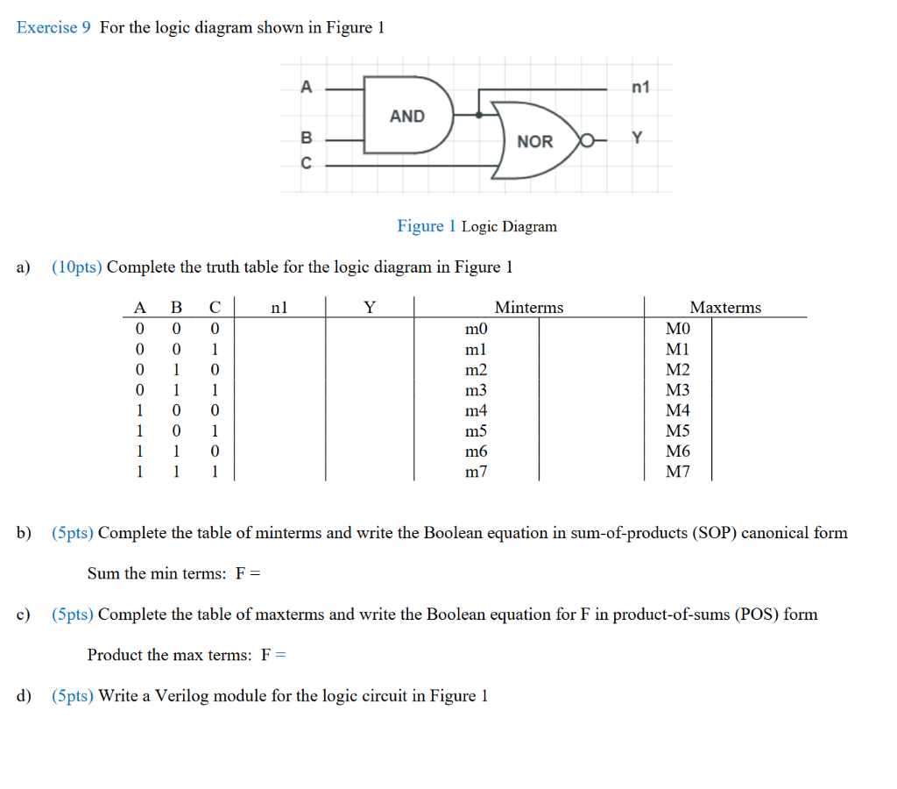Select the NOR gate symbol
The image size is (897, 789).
[x=533, y=140]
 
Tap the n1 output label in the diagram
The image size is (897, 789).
[x=640, y=87]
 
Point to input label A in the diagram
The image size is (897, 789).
[x=306, y=87]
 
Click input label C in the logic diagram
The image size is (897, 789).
[x=306, y=163]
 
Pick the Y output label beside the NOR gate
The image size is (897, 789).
[x=637, y=139]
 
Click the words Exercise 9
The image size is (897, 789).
[x=53, y=27]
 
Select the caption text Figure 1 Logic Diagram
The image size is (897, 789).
[x=477, y=226]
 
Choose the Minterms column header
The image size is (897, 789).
[x=529, y=307]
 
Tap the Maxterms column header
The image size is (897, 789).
[x=725, y=307]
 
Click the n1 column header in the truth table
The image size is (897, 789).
[x=279, y=307]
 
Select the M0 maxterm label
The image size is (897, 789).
[x=678, y=329]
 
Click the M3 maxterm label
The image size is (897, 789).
[x=678, y=390]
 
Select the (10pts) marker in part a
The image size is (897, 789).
[x=77, y=267]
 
